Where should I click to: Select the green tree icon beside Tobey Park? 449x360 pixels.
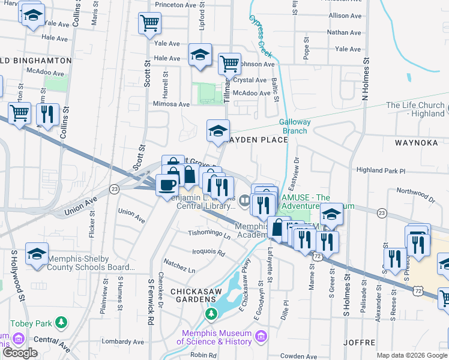click(x=61, y=324)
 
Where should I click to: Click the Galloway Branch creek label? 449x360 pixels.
click(x=295, y=126)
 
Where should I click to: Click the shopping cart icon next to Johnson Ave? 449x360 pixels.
click(x=229, y=63)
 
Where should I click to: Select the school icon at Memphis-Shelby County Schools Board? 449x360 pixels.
click(x=37, y=254)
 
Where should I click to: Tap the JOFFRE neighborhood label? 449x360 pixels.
click(x=359, y=343)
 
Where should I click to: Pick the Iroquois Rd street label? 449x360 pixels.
click(x=209, y=253)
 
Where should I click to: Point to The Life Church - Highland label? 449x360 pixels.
click(x=416, y=109)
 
